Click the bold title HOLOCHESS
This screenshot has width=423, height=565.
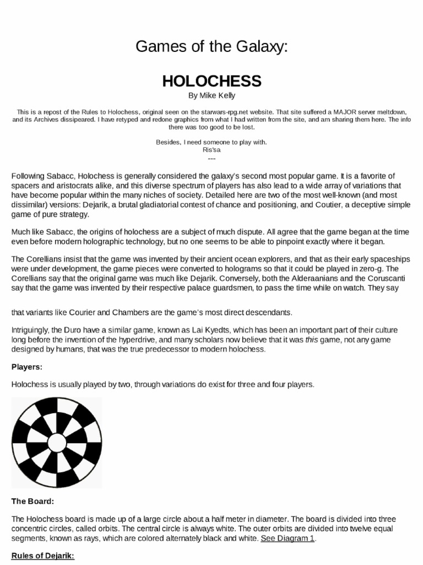tap(211, 81)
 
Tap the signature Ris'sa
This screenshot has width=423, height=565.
tap(211, 150)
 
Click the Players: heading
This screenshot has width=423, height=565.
tap(27, 366)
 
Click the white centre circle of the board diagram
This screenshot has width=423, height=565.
tap(57, 443)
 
